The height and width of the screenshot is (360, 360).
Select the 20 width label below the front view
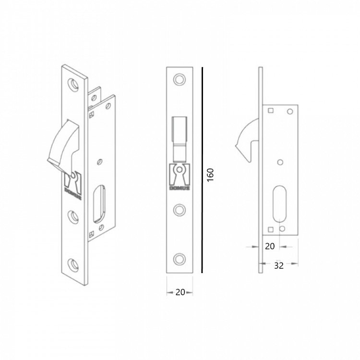pos(180,292)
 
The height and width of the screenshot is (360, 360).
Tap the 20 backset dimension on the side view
pos(269,246)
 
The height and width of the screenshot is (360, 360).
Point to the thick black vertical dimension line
pos(202,170)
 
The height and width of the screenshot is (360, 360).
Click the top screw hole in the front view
pos(180,79)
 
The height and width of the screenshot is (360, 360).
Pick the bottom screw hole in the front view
pos(180,258)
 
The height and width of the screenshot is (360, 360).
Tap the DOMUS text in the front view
pos(180,189)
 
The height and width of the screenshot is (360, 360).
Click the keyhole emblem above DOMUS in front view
pos(180,173)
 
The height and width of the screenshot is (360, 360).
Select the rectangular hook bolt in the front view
pos(180,137)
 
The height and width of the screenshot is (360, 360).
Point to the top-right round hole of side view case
pos(289,112)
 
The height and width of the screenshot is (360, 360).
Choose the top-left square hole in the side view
pos(271,111)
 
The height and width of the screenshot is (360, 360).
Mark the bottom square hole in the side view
pos(272,228)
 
